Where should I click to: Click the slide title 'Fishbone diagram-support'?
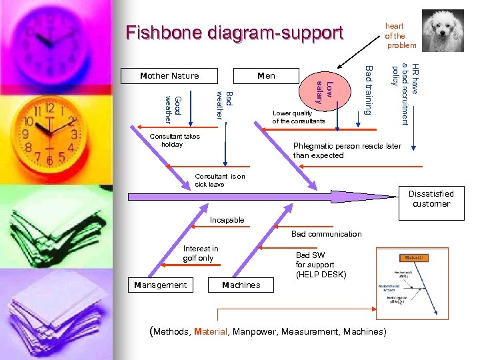(234, 33)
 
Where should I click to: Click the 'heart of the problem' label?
(399, 36)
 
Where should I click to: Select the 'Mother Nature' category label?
(169, 75)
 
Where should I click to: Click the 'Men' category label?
(266, 75)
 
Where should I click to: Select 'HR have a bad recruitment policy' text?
(405, 93)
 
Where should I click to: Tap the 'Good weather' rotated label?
(173, 109)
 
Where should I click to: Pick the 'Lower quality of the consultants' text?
(298, 117)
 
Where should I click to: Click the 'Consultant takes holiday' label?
(175, 140)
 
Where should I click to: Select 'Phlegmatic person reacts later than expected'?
(347, 151)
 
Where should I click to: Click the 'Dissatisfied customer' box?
(431, 199)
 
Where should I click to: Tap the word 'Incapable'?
(227, 220)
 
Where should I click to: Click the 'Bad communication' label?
(326, 234)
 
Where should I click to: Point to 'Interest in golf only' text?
(200, 253)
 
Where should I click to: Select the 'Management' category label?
(161, 285)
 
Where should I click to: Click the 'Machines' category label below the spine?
(241, 285)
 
